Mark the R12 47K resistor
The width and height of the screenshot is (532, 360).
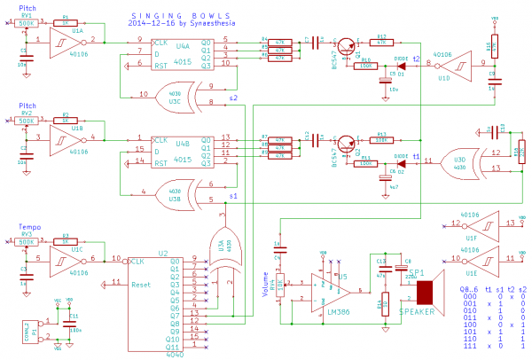(x=382, y=42)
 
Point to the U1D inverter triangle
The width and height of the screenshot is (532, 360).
(x=444, y=64)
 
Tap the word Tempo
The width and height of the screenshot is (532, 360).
(x=28, y=227)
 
